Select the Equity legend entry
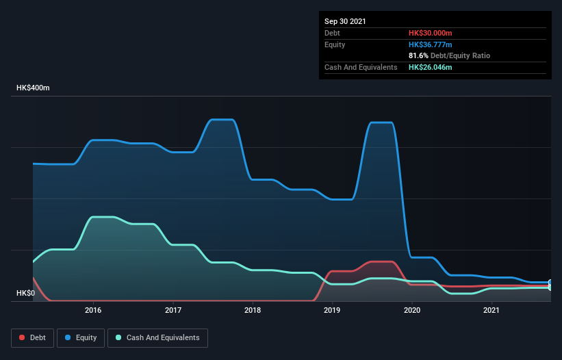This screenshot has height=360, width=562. [x=81, y=337]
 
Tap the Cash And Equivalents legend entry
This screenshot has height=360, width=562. [x=157, y=337]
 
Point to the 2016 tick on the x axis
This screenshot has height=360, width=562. [x=93, y=310]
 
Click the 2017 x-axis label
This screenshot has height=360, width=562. [x=173, y=310]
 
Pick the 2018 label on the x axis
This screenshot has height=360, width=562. [x=253, y=310]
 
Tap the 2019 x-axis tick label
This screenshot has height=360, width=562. [x=333, y=310]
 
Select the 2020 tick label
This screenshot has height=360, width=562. [x=412, y=310]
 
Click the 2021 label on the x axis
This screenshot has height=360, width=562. [x=491, y=310]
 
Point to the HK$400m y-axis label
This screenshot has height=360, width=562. [x=33, y=88]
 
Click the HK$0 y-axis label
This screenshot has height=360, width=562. [x=26, y=293]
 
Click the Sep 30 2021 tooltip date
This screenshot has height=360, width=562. [x=345, y=21]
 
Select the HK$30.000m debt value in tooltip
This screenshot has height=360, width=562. [x=430, y=33]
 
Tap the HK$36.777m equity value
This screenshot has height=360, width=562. [x=430, y=44]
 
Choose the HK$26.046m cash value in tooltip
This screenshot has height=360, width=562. [x=430, y=67]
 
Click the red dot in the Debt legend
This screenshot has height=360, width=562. [x=23, y=337]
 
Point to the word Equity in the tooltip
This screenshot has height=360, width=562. [x=335, y=44]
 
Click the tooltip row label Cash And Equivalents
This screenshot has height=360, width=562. [x=361, y=67]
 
